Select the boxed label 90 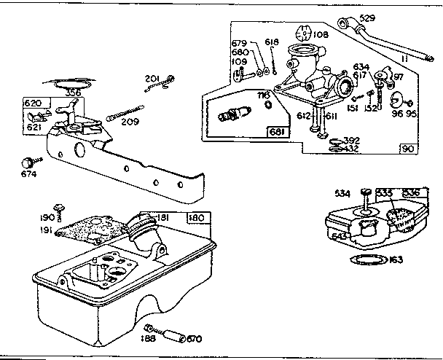pos(407,148)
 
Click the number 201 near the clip pos(152,79)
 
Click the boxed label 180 pos(196,217)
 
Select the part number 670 pos(194,339)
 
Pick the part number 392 pos(351,140)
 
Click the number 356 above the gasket pos(73,93)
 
